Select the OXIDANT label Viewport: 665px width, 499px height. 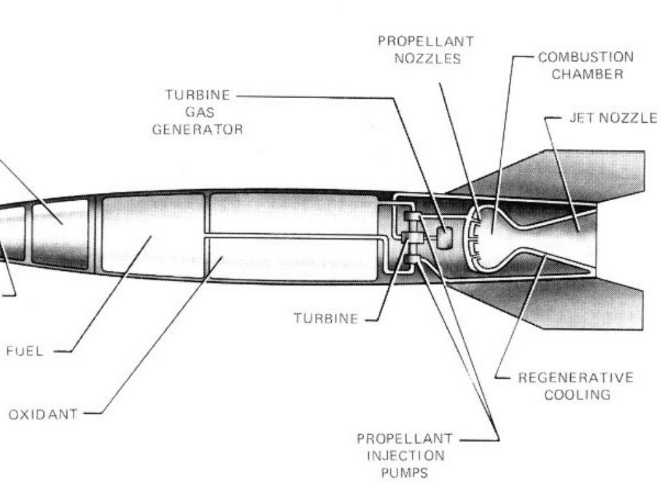click(x=43, y=414)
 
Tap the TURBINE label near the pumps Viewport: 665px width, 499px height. click(x=325, y=318)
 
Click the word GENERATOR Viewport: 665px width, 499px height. click(x=197, y=129)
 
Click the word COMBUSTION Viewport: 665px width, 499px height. click(x=586, y=57)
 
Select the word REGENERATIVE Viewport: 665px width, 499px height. click(x=575, y=377)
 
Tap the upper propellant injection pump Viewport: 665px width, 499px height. click(x=411, y=219)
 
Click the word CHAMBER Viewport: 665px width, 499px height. click(x=587, y=73)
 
